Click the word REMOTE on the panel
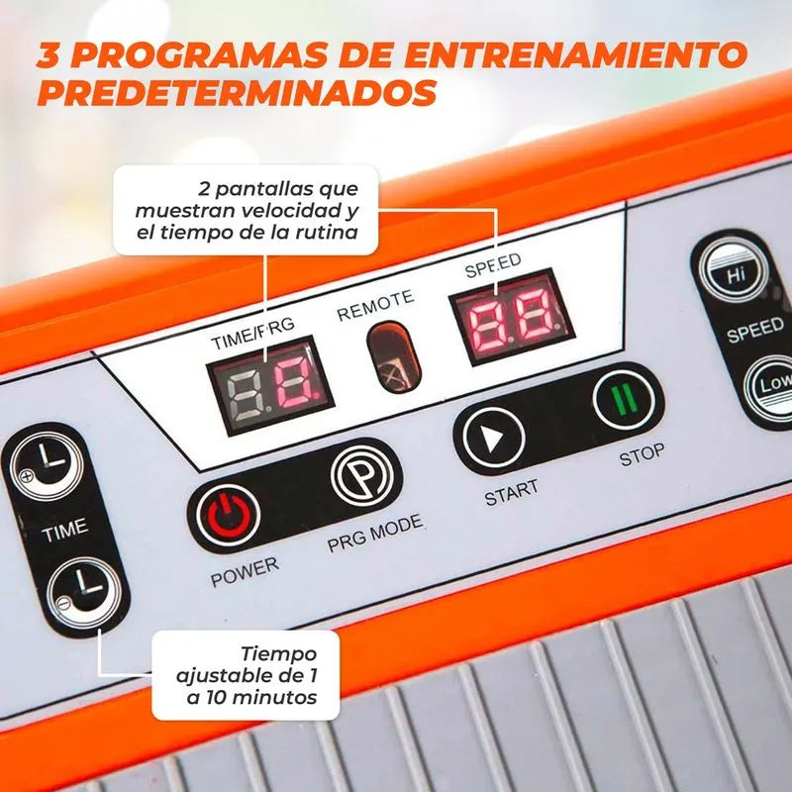[375, 307]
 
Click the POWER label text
[245, 570]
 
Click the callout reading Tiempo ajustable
[247, 675]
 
